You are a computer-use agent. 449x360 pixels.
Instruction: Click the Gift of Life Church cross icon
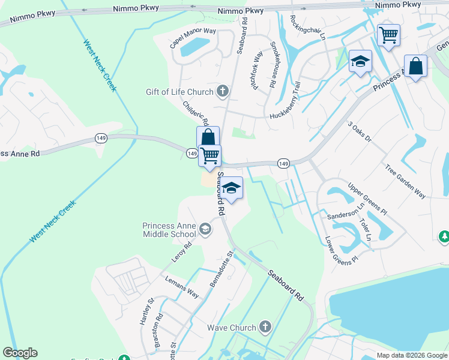[222, 92]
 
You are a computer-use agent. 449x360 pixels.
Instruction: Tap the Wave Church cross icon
[266, 328]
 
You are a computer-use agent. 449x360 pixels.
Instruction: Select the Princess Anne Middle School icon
[205, 229]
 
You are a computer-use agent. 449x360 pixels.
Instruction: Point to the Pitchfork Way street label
[258, 71]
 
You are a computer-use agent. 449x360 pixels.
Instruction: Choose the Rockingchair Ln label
[306, 27]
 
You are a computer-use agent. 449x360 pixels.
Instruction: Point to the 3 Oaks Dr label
[360, 131]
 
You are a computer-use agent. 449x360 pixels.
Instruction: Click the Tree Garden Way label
[405, 182]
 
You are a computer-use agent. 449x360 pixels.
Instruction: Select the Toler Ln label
[364, 229]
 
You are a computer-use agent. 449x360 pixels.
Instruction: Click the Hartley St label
[147, 311]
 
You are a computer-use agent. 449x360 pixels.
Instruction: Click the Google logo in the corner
[20, 352]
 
